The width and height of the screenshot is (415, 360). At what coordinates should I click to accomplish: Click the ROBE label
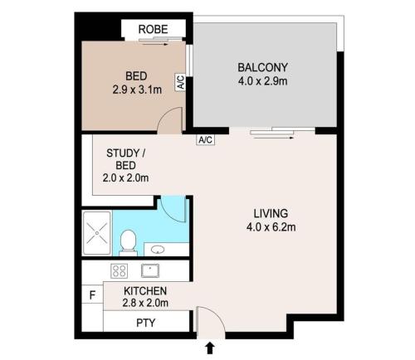[x=153, y=29]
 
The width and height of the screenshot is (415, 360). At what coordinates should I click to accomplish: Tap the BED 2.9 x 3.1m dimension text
[x=137, y=90]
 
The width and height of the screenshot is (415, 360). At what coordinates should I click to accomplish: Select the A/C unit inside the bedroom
[x=180, y=82]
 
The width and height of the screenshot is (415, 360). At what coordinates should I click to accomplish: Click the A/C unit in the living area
[x=205, y=140]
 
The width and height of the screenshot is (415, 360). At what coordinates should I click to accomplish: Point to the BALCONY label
[x=263, y=67]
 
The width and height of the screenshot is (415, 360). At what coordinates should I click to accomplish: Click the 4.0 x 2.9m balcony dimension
[x=262, y=81]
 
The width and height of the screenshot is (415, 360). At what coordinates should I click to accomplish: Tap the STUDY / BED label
[x=126, y=159]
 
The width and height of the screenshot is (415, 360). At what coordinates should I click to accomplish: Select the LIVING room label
[x=271, y=213]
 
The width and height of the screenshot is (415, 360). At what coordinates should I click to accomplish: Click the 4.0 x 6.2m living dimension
[x=271, y=227]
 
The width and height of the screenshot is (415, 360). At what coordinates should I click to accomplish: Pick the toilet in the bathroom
[x=128, y=242]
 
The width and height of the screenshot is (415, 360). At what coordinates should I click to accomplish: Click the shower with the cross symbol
[x=97, y=233]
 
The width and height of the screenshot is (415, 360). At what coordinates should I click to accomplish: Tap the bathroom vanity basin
[x=158, y=250]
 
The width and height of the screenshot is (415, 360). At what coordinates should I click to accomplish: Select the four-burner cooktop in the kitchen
[x=120, y=271]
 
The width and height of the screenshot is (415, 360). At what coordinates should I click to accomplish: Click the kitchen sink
[x=150, y=270]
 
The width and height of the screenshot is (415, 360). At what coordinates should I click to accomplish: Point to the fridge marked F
[x=93, y=295]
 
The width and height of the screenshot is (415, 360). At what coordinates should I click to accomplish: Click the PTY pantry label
[x=146, y=323]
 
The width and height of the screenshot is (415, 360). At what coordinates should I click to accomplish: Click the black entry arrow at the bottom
[x=210, y=348]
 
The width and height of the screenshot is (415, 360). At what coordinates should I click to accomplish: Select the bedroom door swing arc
[x=164, y=116]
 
